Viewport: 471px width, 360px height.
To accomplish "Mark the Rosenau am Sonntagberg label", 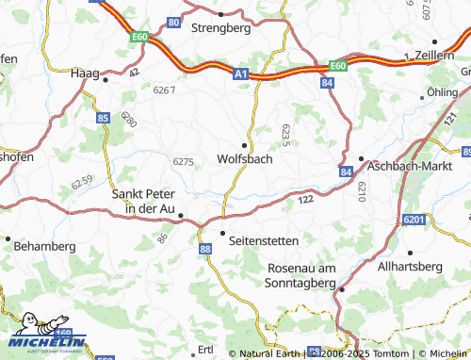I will pos(301,275).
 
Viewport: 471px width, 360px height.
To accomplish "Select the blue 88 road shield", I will pos(205,247).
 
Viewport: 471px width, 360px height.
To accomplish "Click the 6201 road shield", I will pos(414,220).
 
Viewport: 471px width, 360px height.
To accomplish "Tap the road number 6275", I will pos(184,161).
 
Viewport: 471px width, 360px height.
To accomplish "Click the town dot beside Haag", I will pos(106,80).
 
